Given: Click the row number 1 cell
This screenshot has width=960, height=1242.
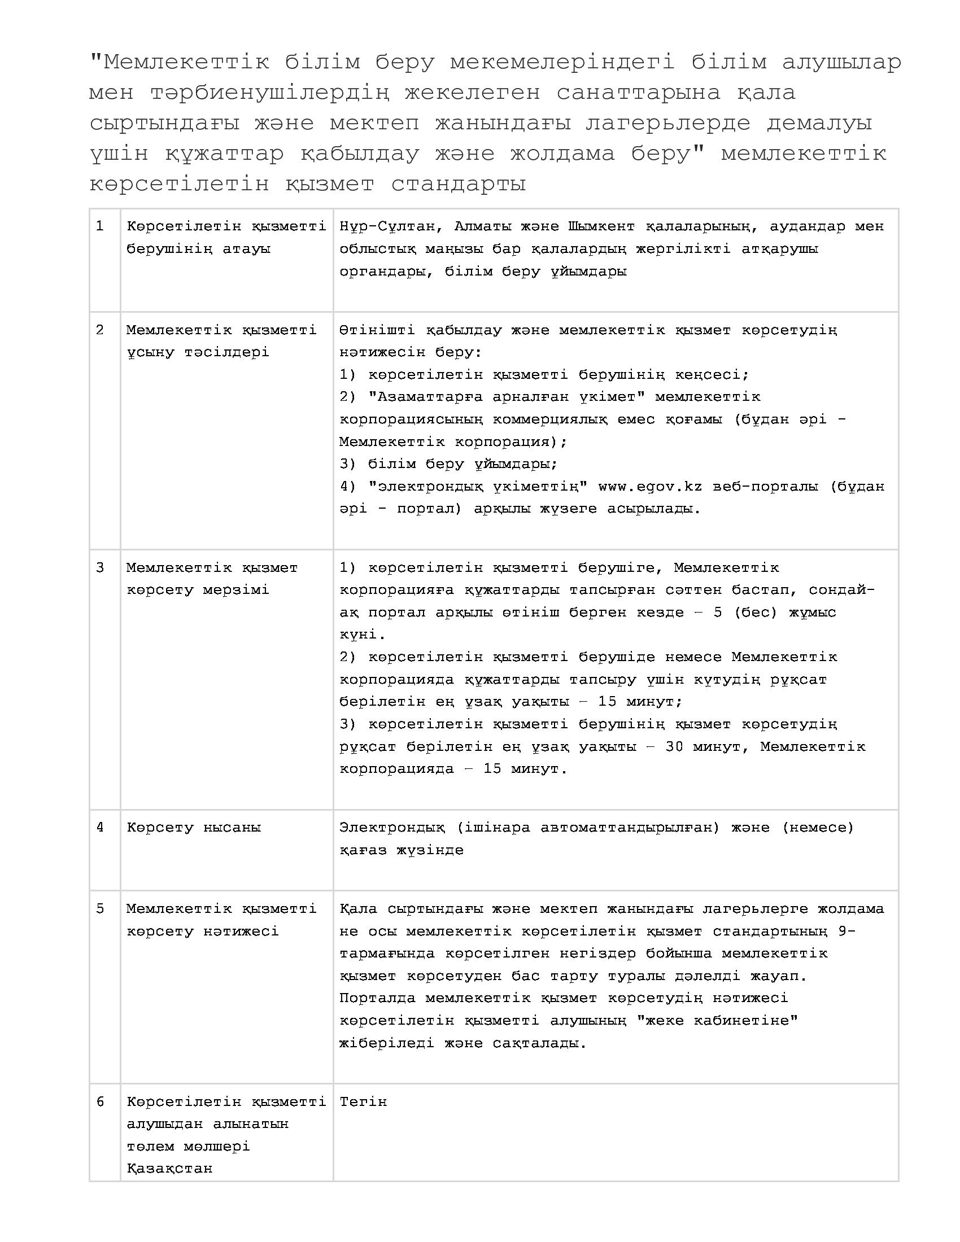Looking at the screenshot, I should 100,226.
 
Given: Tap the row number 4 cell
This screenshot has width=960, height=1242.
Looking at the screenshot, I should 100,828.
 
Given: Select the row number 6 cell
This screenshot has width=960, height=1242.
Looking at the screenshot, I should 100,1101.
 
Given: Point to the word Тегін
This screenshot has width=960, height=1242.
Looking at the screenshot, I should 363,1101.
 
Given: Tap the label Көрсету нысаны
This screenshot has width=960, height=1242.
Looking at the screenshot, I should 194,828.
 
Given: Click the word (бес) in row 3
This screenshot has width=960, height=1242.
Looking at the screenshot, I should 754,613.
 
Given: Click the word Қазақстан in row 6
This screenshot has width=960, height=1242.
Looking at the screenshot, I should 169,1169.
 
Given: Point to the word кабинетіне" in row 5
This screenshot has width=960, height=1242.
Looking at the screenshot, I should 745,1020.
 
